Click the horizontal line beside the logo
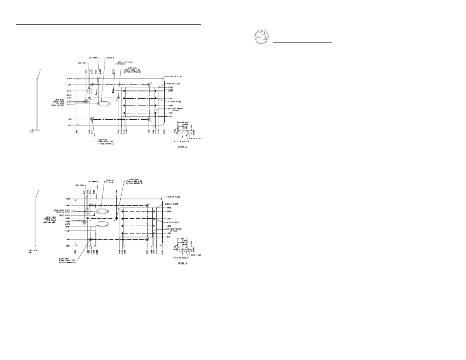click(x=302, y=42)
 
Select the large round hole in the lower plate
click(x=88, y=212)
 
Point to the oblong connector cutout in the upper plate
click(x=104, y=103)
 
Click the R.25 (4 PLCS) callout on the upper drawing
click(x=175, y=76)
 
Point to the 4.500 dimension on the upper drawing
click(x=69, y=78)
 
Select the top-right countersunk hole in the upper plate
click(x=149, y=85)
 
